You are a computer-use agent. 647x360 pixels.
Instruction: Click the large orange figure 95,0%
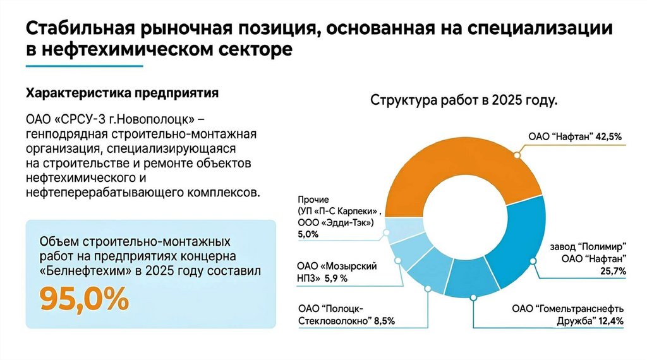coord(84,299)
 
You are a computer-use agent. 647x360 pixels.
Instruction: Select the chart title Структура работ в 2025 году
coord(463,100)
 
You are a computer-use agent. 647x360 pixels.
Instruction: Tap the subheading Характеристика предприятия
coord(122,93)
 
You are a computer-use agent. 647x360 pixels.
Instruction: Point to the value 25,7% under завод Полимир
coord(612,271)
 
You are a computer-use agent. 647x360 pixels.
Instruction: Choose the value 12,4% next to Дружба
coord(611,321)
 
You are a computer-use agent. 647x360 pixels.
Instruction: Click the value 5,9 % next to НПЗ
coord(336,278)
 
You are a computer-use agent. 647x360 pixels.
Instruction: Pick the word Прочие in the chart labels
coord(312,199)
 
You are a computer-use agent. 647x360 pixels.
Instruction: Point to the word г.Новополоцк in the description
coord(157,119)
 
